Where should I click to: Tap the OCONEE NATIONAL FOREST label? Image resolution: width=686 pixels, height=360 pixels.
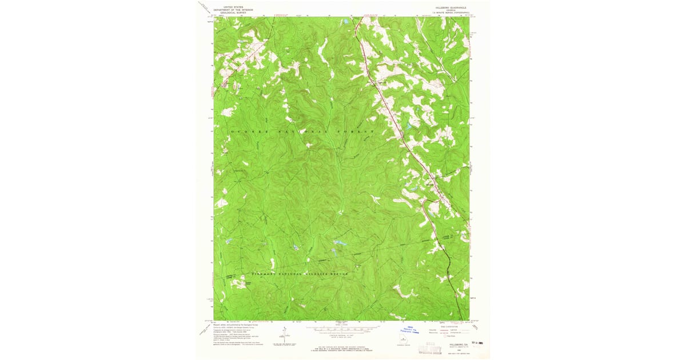tap(302, 131)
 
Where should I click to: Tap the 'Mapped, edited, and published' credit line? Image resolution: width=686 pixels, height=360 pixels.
tap(234, 324)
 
